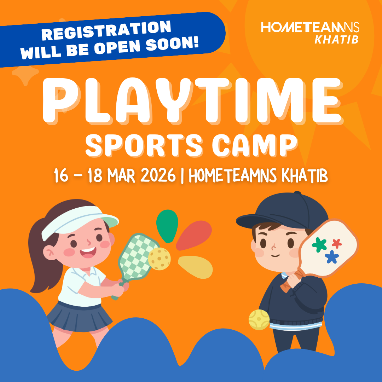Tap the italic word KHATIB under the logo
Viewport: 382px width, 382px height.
(336, 39)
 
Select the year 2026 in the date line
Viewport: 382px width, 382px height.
(159, 175)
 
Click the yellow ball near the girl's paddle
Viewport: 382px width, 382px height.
(159, 259)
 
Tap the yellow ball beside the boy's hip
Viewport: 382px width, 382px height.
(259, 319)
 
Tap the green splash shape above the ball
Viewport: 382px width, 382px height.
(167, 226)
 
